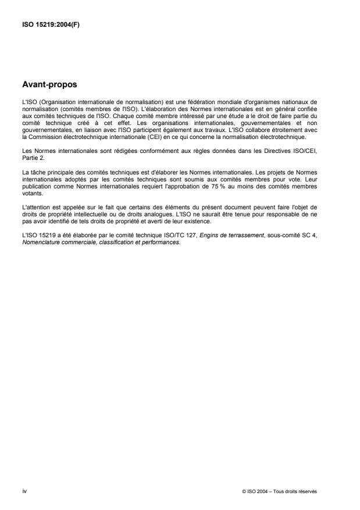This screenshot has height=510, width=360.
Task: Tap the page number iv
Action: click(24, 491)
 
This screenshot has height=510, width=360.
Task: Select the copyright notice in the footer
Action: click(279, 491)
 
